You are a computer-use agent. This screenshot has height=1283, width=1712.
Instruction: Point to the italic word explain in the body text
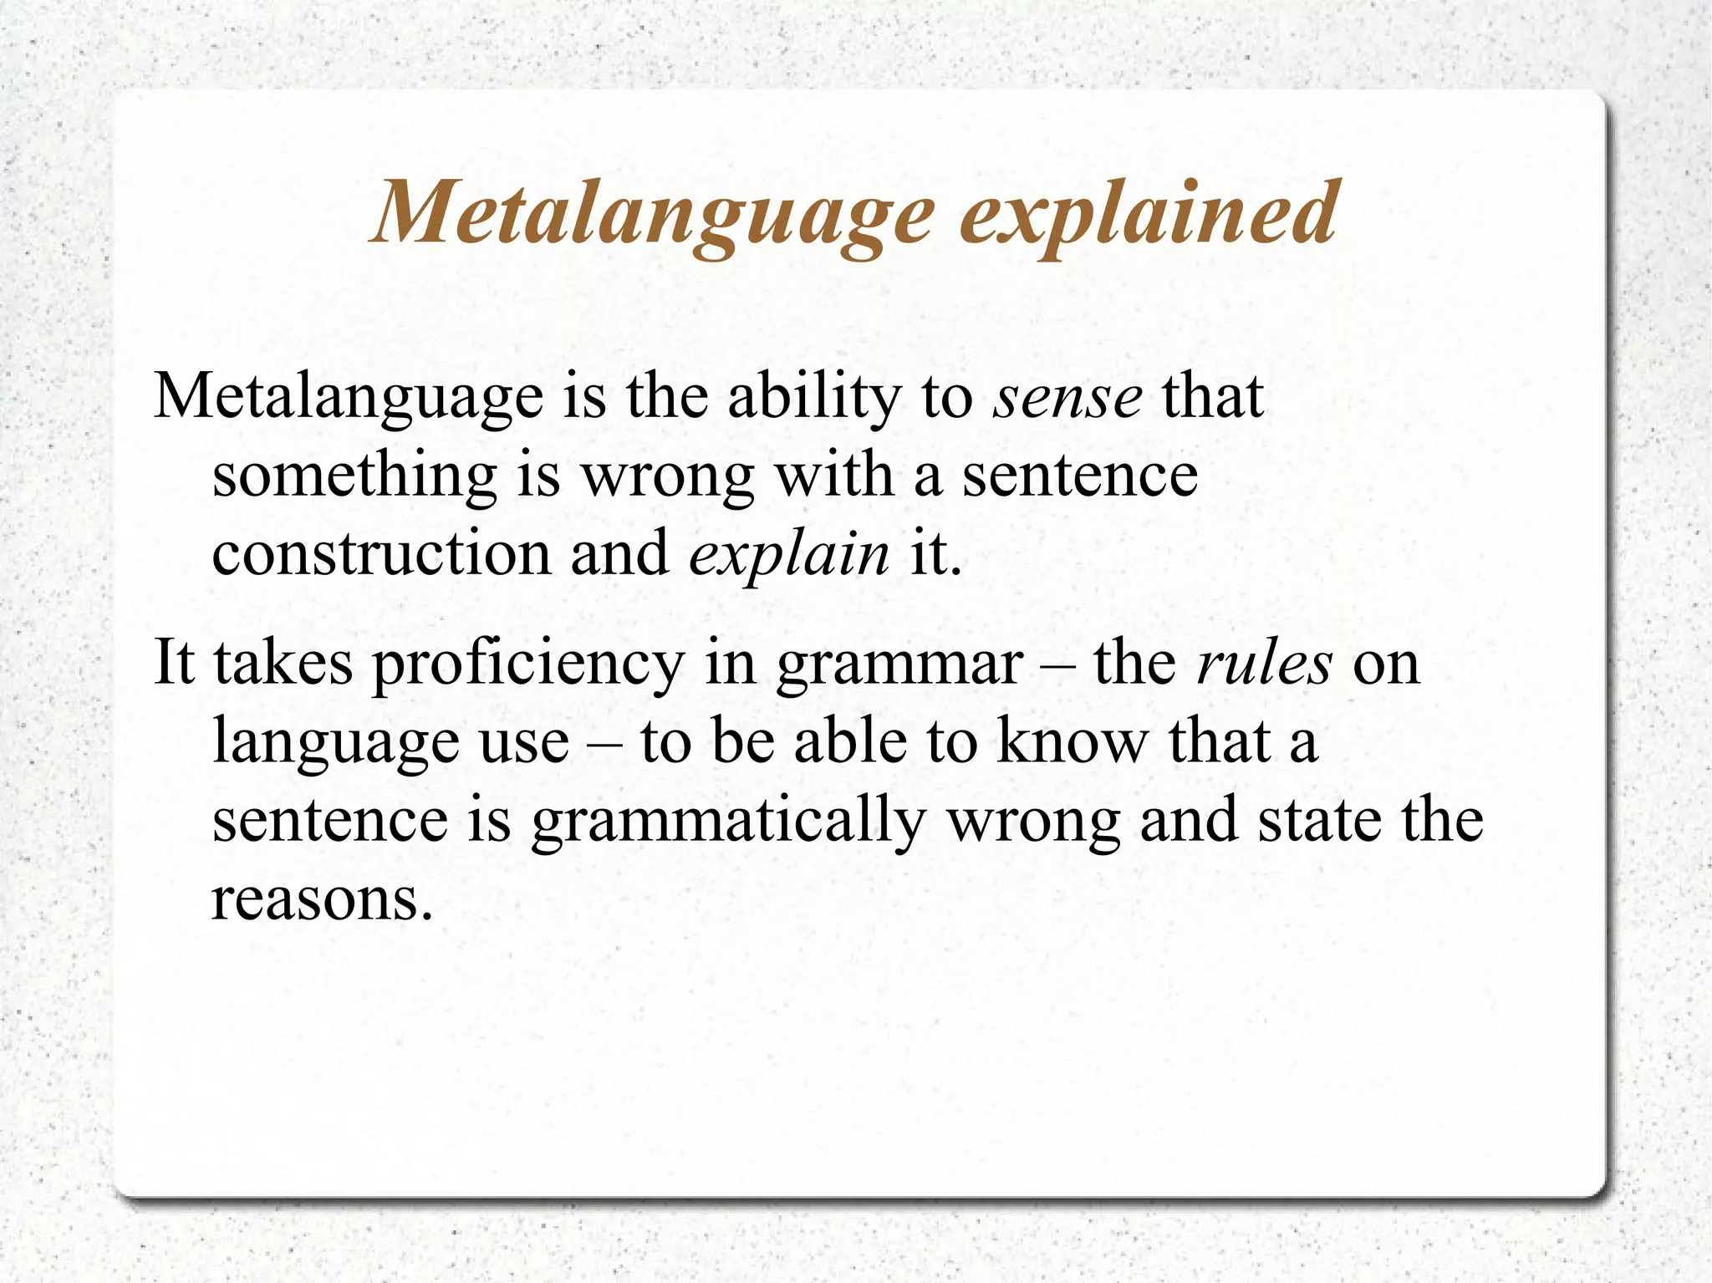789,553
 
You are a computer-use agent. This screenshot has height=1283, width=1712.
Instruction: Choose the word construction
381,553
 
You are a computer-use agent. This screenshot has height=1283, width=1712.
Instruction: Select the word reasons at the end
323,899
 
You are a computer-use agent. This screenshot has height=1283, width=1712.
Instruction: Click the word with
833,475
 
